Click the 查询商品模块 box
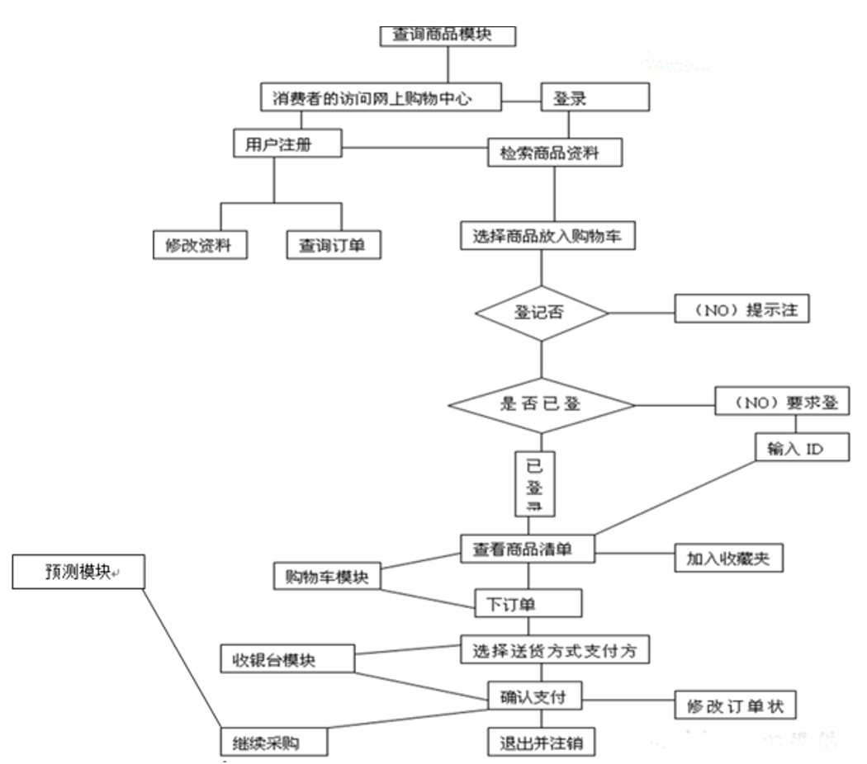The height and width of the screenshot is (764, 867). (447, 35)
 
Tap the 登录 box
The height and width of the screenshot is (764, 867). (595, 98)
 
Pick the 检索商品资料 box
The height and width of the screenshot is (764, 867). (553, 152)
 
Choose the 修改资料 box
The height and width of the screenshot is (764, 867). (201, 245)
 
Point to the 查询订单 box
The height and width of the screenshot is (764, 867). (334, 245)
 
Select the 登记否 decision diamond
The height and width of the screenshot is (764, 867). (541, 314)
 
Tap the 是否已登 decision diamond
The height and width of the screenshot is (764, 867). (541, 404)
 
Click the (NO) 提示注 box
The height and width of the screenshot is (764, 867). (741, 310)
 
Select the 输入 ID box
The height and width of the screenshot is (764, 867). (790, 448)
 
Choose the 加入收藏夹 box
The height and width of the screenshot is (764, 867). (727, 557)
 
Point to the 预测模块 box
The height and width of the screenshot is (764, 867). (78, 572)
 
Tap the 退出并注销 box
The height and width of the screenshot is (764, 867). (541, 741)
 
